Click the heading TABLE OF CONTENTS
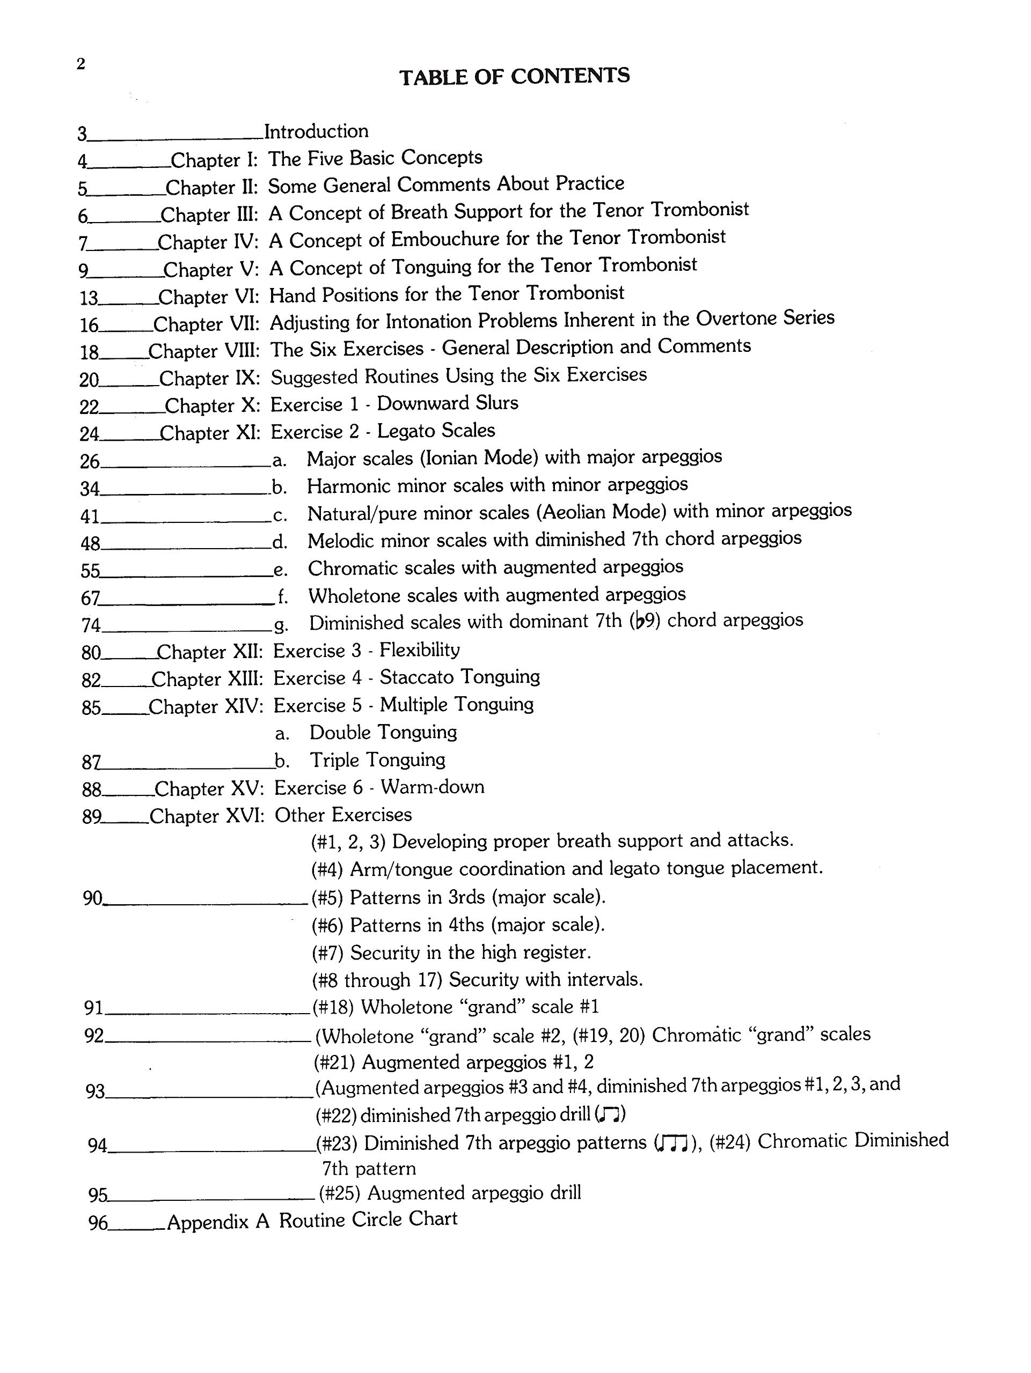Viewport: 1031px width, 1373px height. pyautogui.click(x=514, y=76)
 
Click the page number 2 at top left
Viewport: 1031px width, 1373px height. pyautogui.click(x=81, y=64)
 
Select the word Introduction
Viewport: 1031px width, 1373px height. pyautogui.click(x=316, y=131)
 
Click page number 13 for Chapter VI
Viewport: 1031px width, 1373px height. pyautogui.click(x=89, y=298)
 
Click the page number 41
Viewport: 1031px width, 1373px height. pyautogui.click(x=90, y=516)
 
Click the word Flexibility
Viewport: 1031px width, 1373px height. pyautogui.click(x=419, y=650)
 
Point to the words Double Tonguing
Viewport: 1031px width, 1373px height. pyautogui.click(x=383, y=733)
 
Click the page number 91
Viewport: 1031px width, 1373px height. pyautogui.click(x=93, y=1007)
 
